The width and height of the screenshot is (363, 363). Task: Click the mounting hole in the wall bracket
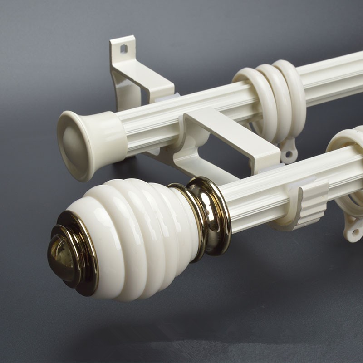[123, 49]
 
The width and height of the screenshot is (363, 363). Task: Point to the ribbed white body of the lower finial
[136, 236]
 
